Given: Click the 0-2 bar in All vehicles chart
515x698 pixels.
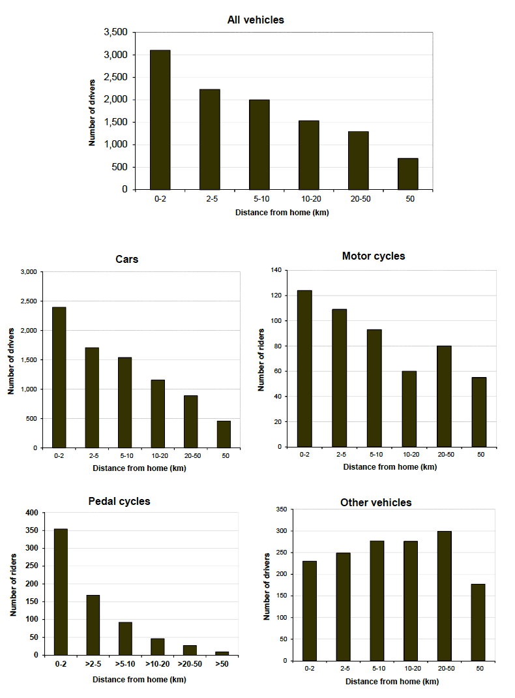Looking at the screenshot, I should [x=160, y=119].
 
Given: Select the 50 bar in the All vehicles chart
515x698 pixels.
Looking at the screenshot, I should [x=408, y=174].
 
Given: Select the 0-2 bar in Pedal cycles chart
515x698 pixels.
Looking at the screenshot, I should [x=61, y=592].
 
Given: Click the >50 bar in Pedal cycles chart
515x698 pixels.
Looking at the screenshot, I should [x=222, y=652].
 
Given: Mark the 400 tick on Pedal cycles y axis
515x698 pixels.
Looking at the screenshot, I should [x=31, y=513].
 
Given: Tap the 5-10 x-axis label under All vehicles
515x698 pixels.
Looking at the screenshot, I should [x=259, y=198].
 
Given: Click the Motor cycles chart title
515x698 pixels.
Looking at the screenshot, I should [x=373, y=256].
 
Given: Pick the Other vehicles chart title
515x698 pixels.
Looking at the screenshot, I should [x=375, y=502].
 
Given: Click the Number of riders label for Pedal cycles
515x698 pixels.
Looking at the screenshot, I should [x=13, y=584].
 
